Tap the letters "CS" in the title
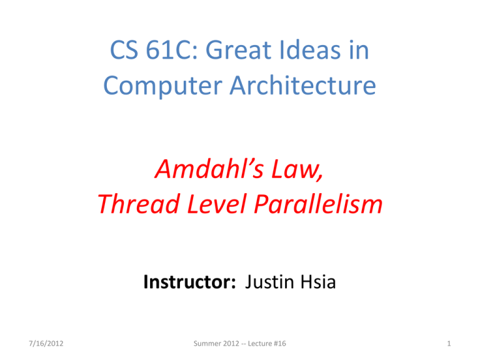tap(124, 49)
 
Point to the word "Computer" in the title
tap(163, 86)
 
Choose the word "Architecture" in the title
tap(302, 85)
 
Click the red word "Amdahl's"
tap(209, 169)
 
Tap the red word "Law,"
tap(297, 169)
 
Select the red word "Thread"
tap(139, 204)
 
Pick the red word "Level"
tap(217, 204)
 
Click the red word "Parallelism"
tap(318, 204)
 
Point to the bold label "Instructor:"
tap(190, 282)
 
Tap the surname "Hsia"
tap(318, 282)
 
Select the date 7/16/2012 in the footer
tap(46, 344)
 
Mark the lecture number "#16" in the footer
tap(280, 344)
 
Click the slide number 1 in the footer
tap(449, 344)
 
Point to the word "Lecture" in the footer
tap(260, 344)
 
